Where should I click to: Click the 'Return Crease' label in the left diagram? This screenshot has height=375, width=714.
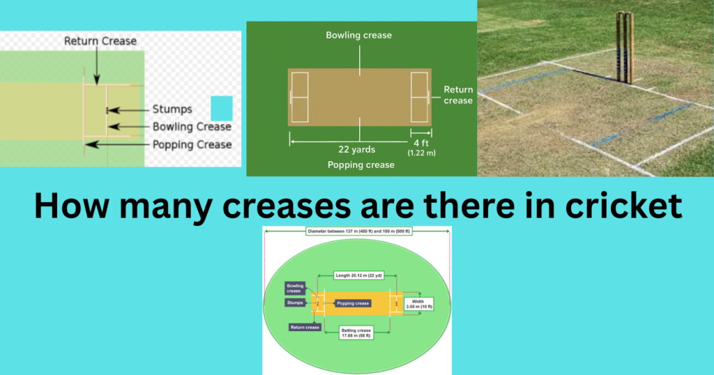pyautogui.click(x=100, y=41)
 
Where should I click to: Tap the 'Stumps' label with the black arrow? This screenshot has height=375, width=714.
pyautogui.click(x=172, y=109)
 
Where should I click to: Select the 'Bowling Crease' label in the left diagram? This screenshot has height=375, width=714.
pyautogui.click(x=192, y=127)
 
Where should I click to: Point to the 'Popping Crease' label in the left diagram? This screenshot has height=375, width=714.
pyautogui.click(x=192, y=144)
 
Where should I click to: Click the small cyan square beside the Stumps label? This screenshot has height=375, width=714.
pyautogui.click(x=221, y=108)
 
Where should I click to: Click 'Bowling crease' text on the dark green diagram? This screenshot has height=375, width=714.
pyautogui.click(x=359, y=36)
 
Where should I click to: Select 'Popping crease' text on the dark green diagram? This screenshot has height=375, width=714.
pyautogui.click(x=360, y=165)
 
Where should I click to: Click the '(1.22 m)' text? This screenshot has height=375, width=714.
pyautogui.click(x=420, y=153)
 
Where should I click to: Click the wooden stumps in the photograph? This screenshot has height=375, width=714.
pyautogui.click(x=624, y=47)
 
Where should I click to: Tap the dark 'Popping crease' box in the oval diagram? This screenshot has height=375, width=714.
pyautogui.click(x=353, y=304)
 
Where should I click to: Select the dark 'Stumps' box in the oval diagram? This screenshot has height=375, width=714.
pyautogui.click(x=295, y=303)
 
